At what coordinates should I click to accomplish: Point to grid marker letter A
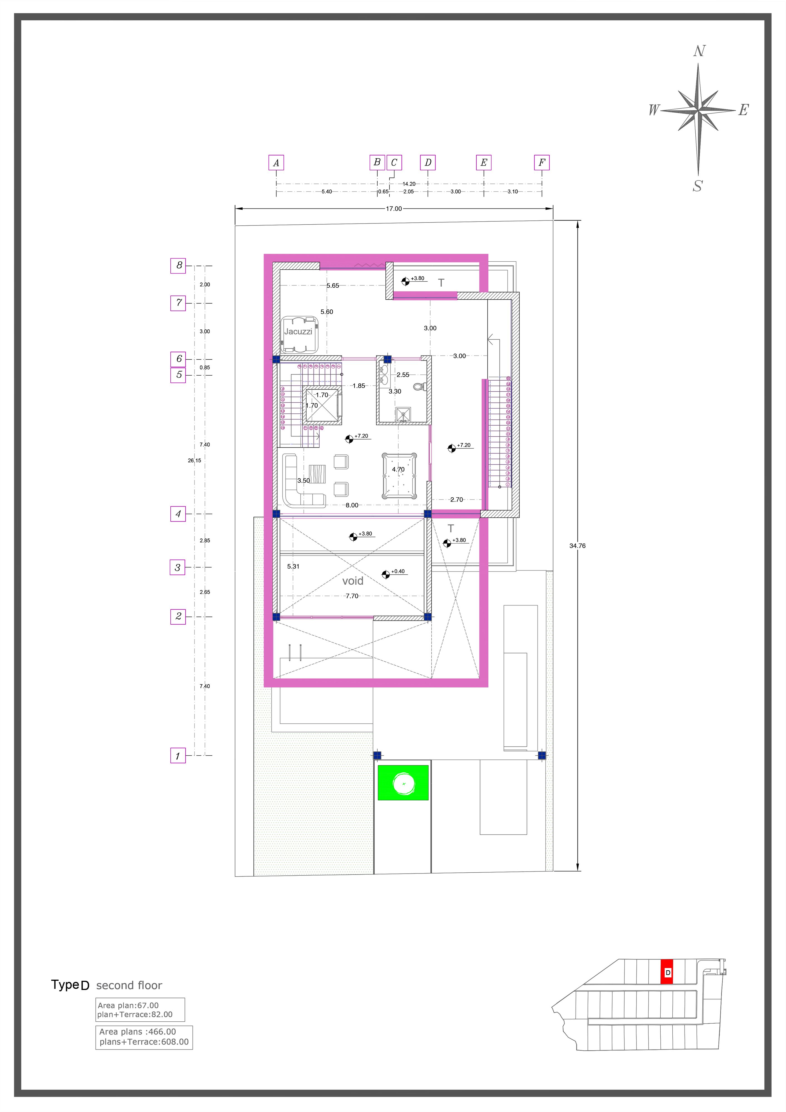276,163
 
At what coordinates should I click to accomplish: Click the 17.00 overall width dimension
394,209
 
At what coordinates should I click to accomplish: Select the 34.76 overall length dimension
577,546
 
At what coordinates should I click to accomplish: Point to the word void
353,581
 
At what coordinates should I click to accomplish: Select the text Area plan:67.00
128,1006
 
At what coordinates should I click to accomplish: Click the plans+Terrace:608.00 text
144,1042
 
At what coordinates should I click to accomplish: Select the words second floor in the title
129,985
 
